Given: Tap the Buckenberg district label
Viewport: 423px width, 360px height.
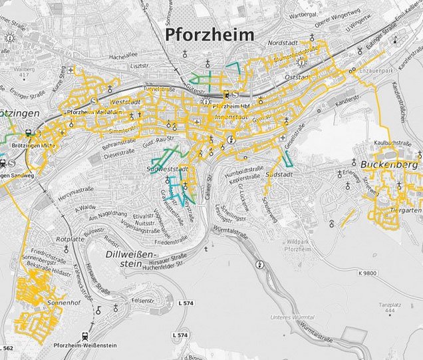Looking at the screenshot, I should [386, 162].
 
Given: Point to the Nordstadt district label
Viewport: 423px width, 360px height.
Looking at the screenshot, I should [280, 42].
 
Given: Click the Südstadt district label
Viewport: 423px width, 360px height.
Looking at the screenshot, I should [279, 174].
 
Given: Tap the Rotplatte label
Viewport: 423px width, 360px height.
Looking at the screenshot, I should [71, 239].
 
